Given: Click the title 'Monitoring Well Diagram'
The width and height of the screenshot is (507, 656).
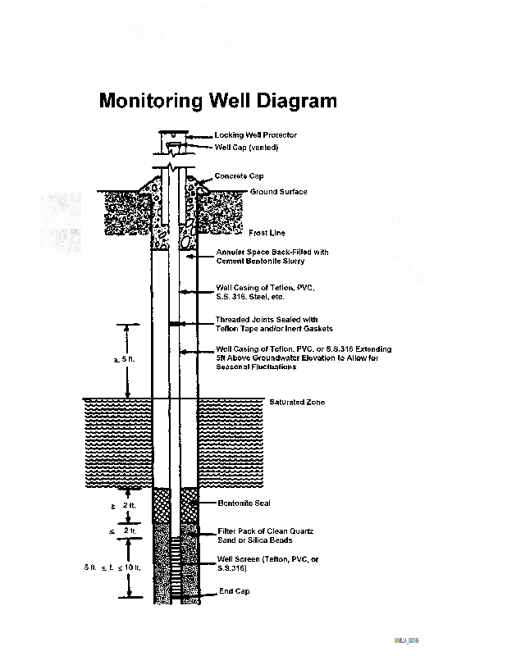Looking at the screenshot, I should [x=217, y=101].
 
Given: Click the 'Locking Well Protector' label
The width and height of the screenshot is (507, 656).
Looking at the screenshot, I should [x=256, y=134].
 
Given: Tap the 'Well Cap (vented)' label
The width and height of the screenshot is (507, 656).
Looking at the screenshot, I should [x=247, y=147].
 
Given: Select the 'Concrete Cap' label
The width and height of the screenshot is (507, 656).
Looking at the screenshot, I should [x=240, y=176].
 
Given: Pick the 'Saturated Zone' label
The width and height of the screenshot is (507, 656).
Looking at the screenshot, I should [x=297, y=403].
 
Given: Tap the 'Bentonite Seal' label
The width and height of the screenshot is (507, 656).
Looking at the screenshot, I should [x=244, y=503].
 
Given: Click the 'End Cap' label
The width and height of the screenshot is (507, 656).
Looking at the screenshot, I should [x=234, y=591].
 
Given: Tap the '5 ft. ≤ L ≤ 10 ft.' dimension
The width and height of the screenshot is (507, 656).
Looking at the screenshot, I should [x=112, y=567].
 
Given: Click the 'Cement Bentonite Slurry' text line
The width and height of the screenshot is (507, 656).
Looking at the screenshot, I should [x=260, y=262].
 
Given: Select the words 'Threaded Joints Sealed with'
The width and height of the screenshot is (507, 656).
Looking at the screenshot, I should [x=267, y=320].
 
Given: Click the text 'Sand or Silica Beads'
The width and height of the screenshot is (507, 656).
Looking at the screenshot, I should [x=254, y=540].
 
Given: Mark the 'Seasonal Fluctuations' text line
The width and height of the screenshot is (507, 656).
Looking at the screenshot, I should [x=256, y=367].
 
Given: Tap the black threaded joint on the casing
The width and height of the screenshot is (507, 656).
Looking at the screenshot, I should [x=174, y=326].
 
